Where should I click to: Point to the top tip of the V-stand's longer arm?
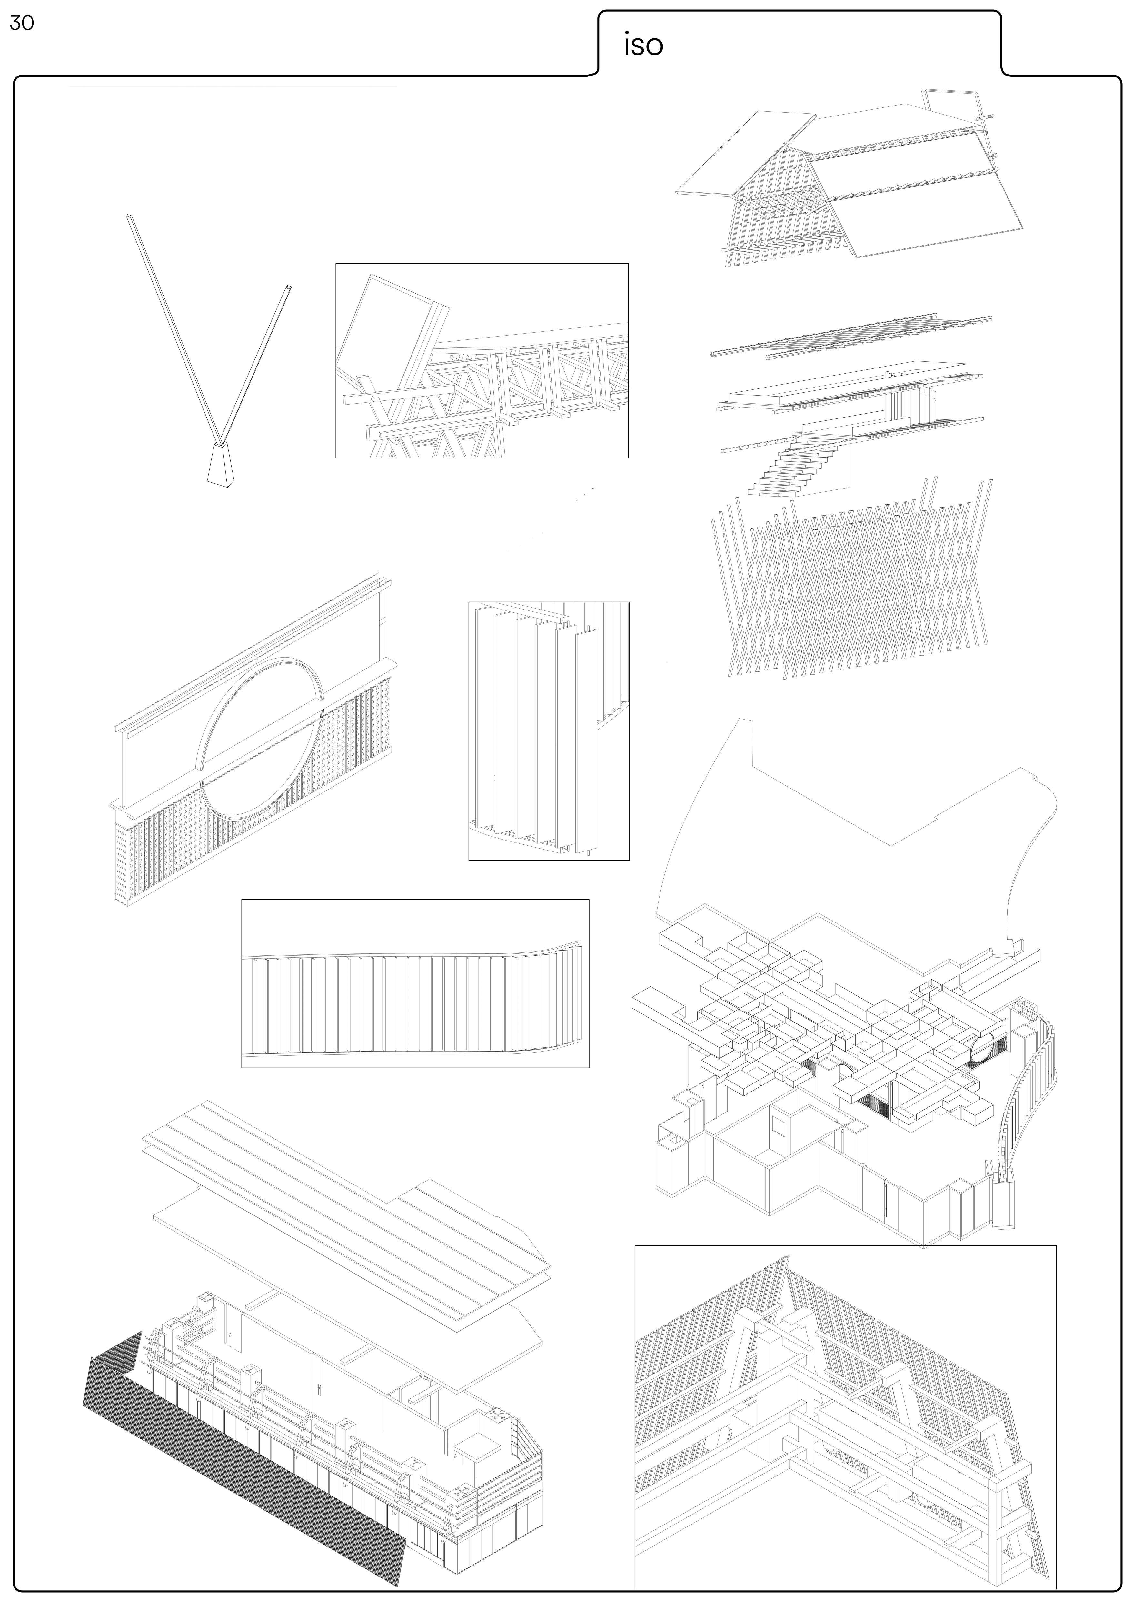click(128, 217)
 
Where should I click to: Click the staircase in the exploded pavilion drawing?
click(795, 468)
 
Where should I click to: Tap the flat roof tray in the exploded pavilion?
click(844, 384)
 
